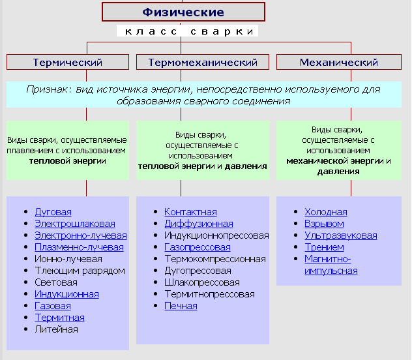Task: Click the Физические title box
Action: (183, 12)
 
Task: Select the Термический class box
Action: (68, 63)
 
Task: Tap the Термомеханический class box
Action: (203, 63)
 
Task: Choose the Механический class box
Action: (339, 63)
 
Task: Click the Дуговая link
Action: (53, 212)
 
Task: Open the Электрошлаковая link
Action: (74, 224)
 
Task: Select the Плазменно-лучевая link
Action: (79, 247)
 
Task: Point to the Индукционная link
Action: (66, 294)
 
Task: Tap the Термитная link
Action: (59, 318)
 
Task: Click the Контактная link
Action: (190, 212)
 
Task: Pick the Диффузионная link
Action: (198, 224)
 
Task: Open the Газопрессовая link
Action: (197, 247)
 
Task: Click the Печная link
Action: (181, 306)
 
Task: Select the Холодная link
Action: (325, 212)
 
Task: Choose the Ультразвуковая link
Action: (340, 235)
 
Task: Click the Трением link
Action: (324, 247)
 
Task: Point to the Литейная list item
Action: (56, 329)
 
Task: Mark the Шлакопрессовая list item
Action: (201, 282)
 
